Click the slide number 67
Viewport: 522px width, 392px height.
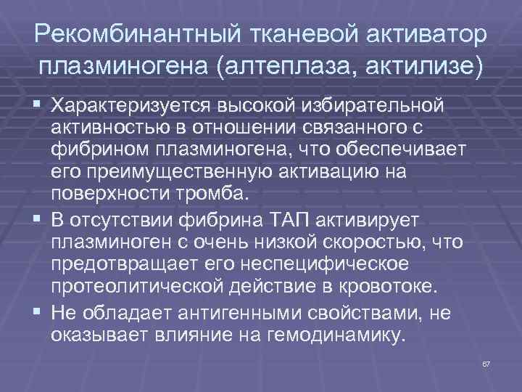(x=486, y=362)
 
